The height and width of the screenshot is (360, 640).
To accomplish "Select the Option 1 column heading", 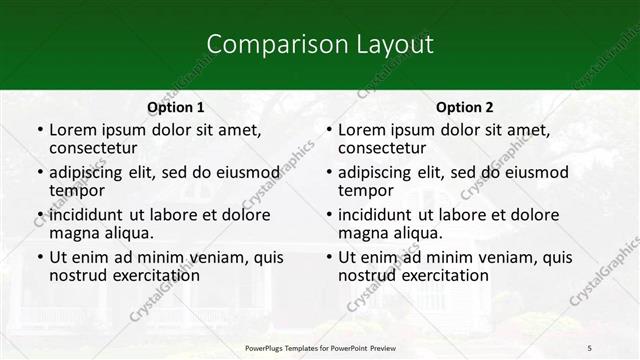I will [x=176, y=107].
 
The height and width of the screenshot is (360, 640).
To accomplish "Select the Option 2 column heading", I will [x=465, y=107].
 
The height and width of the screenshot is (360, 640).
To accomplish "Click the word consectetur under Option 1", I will [x=97, y=148].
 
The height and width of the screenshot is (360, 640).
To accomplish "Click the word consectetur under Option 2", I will [x=386, y=148].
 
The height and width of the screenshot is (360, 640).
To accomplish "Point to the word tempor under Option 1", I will [x=77, y=190].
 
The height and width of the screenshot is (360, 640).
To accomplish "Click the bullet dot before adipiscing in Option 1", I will [x=40, y=172].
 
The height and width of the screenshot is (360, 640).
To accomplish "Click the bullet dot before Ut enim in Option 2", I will [x=329, y=257].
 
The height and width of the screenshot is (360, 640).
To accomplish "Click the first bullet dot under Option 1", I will [x=40, y=130].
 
